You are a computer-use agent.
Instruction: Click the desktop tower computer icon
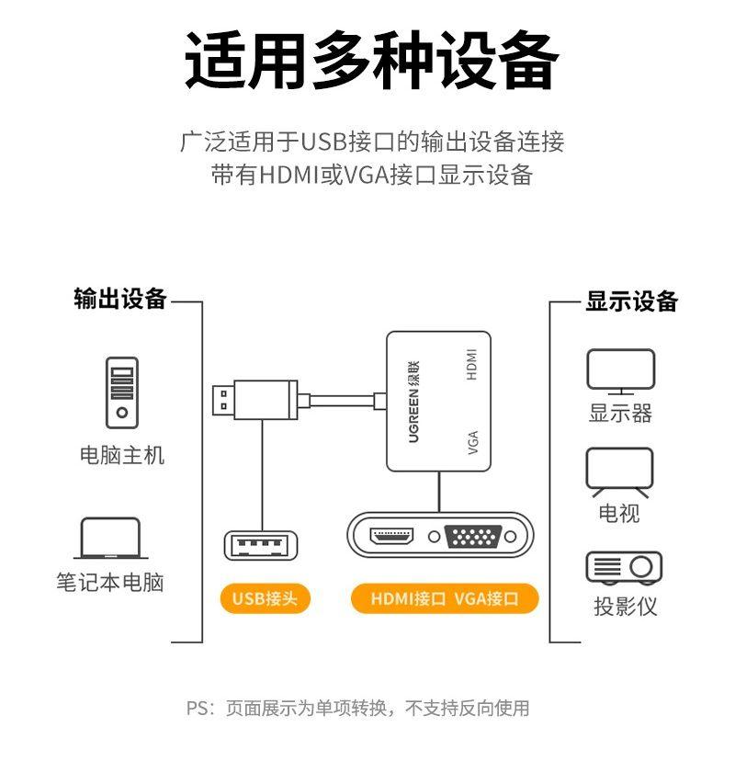pos(121,392)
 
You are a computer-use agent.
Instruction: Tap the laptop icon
pos(110,539)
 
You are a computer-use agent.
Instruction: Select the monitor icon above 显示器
pos(621,372)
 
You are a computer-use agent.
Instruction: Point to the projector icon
pos(624,567)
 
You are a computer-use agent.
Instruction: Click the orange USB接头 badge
pos(265,599)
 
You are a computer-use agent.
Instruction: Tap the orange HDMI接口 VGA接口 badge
pos(445,599)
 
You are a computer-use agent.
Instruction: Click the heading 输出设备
pos(120,299)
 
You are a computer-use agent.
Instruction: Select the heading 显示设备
pos(632,301)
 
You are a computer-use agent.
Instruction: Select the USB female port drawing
pos(262,545)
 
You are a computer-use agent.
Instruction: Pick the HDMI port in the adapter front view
pos(392,536)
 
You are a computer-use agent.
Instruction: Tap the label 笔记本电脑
pos(110,583)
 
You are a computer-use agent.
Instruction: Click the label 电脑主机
pos(122,455)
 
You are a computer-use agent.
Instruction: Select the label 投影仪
pos(625,607)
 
